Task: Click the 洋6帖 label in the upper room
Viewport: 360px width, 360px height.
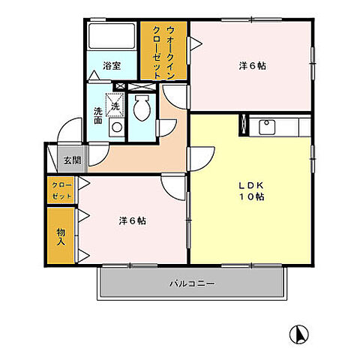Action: point(252,64)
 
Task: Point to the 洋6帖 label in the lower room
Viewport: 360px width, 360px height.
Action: point(131,220)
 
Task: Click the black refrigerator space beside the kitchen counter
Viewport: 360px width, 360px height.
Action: point(243,124)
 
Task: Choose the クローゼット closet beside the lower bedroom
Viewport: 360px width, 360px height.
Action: point(60,190)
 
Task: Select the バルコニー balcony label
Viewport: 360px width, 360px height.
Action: point(191,284)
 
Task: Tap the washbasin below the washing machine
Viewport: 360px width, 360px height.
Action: point(115,128)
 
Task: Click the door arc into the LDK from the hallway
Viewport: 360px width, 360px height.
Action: point(199,159)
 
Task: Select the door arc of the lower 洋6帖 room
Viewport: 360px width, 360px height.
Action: point(173,187)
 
